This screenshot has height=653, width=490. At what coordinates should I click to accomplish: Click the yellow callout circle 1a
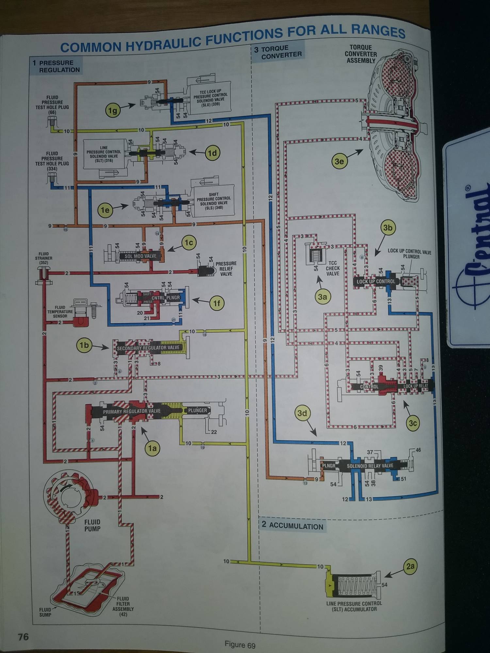[152, 448]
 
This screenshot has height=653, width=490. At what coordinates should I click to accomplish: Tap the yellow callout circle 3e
[339, 161]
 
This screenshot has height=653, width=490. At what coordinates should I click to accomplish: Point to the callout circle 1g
[113, 111]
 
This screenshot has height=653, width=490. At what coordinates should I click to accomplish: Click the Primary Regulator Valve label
[132, 411]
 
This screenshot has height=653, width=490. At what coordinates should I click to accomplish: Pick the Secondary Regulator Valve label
[148, 348]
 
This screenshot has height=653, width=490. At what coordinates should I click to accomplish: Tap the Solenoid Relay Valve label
[370, 466]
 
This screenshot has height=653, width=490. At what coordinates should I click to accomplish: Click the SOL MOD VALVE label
[140, 256]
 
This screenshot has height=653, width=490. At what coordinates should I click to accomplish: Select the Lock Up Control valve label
[376, 281]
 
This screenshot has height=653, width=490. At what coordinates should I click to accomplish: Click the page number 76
[23, 637]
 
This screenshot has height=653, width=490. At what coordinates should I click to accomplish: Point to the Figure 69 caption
[240, 645]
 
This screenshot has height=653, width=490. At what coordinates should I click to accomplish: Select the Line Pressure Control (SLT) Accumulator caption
[354, 606]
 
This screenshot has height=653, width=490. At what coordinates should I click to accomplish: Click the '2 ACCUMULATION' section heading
[292, 526]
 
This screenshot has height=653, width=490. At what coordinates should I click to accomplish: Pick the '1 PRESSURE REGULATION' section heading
[56, 66]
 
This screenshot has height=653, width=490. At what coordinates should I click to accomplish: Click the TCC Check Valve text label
[333, 268]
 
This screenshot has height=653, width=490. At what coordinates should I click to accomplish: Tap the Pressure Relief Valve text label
[226, 269]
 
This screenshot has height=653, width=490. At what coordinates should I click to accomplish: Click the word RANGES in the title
[378, 31]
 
